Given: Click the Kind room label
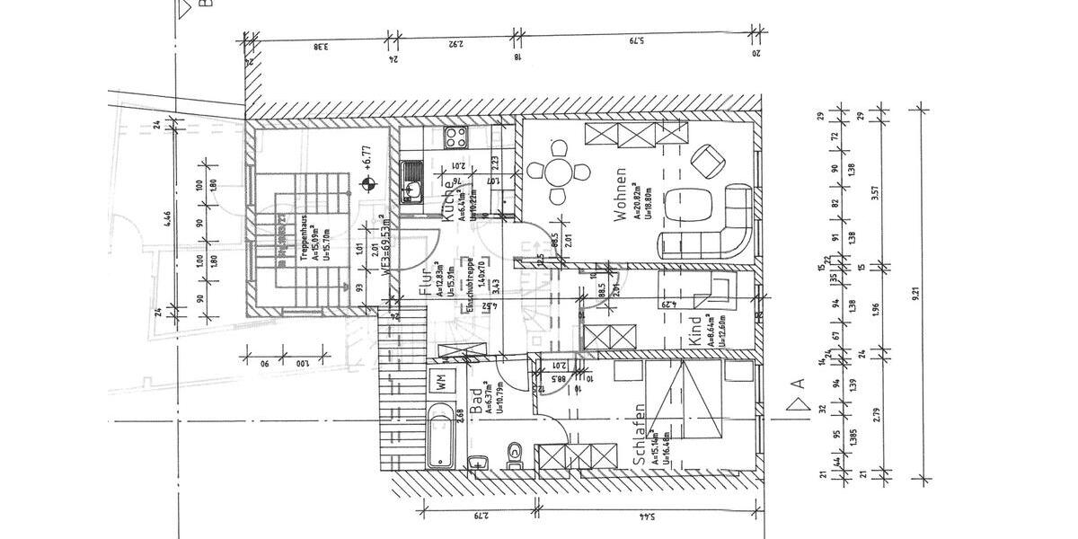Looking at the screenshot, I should (x=694, y=331).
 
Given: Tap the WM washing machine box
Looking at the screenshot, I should (x=442, y=379).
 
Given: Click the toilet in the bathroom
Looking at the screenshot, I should (x=514, y=453).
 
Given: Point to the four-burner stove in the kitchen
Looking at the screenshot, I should (x=455, y=137).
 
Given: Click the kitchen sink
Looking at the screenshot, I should (x=413, y=181).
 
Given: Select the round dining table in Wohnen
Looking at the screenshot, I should (x=559, y=171).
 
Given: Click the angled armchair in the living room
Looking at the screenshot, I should (x=708, y=161).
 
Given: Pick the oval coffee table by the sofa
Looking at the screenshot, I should (x=694, y=205).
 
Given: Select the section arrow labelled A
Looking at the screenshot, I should (x=794, y=385).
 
